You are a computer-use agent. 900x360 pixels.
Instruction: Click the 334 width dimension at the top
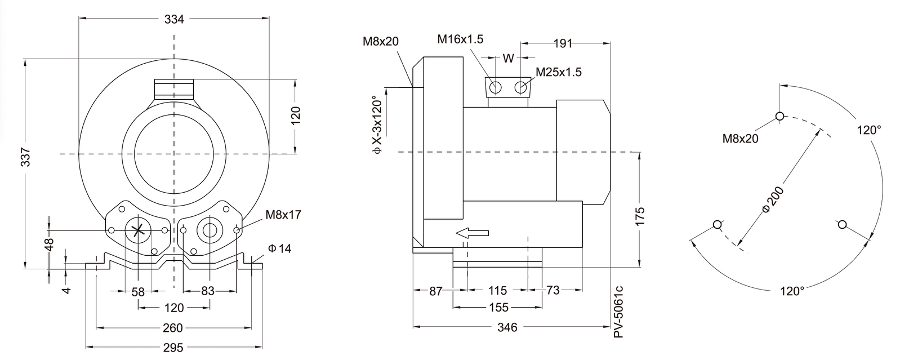click(x=174, y=19)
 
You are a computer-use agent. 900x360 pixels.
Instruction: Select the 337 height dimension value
click(x=25, y=157)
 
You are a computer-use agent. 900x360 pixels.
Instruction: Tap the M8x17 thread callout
click(x=283, y=215)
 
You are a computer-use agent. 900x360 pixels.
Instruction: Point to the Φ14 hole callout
click(x=279, y=248)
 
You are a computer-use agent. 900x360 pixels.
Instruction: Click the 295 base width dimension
click(x=173, y=348)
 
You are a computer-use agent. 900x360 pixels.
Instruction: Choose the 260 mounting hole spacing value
click(x=173, y=328)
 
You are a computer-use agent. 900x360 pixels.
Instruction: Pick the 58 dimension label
click(x=138, y=292)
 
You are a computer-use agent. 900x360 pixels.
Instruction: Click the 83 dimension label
click(x=208, y=291)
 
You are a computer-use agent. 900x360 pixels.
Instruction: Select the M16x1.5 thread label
click(x=460, y=39)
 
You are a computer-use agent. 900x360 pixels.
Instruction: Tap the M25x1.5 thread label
click(x=559, y=72)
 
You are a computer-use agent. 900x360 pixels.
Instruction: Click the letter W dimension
click(x=508, y=58)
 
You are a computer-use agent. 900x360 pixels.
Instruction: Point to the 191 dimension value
click(x=563, y=43)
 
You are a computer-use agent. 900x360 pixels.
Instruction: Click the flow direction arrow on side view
click(x=473, y=233)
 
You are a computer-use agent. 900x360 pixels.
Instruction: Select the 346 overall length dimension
click(x=507, y=327)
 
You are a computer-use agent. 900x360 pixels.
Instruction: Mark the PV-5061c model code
click(x=619, y=312)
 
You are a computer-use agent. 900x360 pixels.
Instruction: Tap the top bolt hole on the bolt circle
click(x=779, y=116)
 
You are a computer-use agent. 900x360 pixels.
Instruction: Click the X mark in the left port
click(x=138, y=230)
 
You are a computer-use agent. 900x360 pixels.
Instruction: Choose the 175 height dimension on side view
click(x=640, y=216)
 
